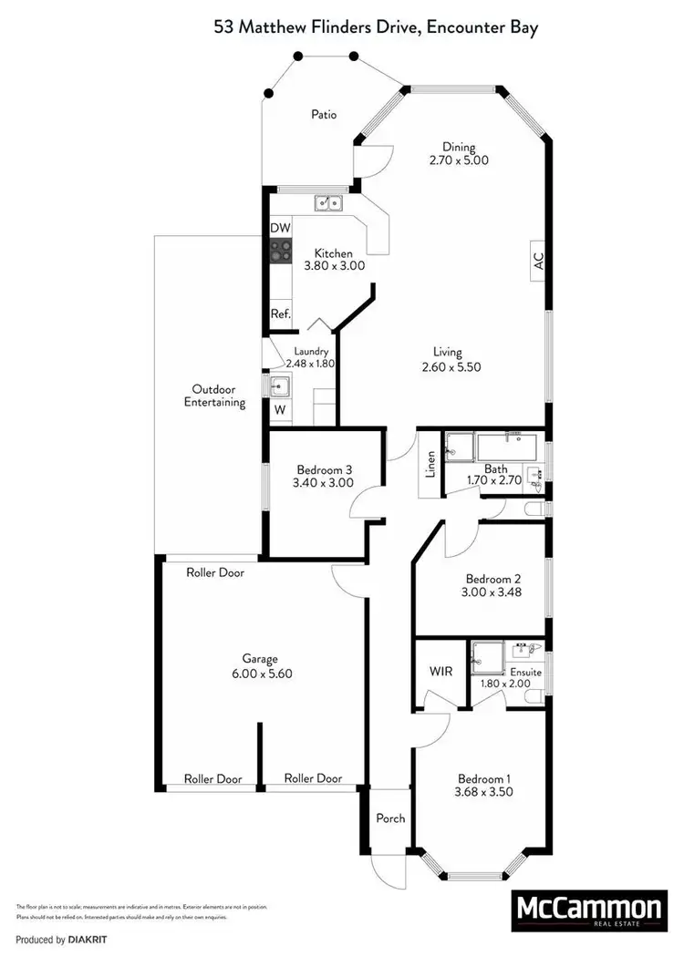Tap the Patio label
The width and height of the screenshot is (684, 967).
coord(324,115)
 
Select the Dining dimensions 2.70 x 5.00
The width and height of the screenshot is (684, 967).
coord(459,159)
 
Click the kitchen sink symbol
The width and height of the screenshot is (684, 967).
coord(327,203)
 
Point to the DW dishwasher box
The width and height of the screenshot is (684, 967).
coord(280,227)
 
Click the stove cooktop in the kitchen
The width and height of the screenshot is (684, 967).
coord(280,251)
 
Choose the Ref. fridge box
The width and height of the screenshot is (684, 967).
coord(280,314)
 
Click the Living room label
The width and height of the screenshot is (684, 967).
coord(447,352)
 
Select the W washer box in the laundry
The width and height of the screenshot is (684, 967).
coord(280,410)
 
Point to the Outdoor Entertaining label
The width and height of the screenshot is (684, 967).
coord(214,396)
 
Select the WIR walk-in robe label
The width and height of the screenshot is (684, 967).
coord(441,672)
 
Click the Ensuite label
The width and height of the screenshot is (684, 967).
coord(523,673)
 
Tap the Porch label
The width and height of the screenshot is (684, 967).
coord(390,818)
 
